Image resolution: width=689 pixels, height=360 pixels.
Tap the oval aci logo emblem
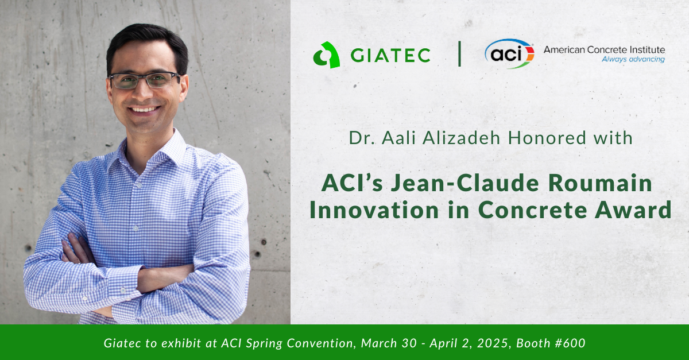click(509, 53)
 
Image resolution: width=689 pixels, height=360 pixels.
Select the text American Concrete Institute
click(604, 50)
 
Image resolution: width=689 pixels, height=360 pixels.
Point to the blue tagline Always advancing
click(633, 59)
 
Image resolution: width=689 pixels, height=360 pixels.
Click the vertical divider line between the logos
click(459, 53)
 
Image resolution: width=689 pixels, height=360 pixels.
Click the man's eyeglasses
click(144, 80)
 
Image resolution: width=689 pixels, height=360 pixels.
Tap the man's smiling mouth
click(144, 109)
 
